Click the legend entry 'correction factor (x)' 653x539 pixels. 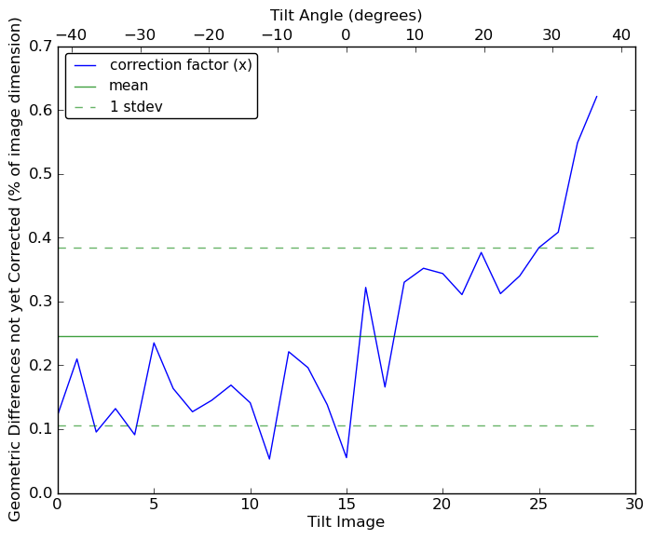[182, 65]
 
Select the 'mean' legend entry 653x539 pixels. [129, 86]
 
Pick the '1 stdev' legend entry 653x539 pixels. [136, 106]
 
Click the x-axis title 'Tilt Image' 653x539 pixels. [346, 522]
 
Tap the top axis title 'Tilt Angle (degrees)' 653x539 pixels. [346, 15]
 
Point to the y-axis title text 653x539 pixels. [15, 269]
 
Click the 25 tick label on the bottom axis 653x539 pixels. [538, 504]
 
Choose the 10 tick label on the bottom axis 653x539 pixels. [250, 504]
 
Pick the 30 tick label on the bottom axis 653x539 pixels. [634, 504]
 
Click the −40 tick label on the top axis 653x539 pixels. [71, 35]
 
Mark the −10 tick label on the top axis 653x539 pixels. [277, 35]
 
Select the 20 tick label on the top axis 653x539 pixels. [483, 35]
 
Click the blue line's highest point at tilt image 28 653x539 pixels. [596, 96]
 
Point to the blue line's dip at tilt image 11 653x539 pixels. [269, 459]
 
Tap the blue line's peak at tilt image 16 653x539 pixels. [365, 287]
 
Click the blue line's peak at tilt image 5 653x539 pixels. [154, 343]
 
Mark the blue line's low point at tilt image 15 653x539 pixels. [347, 457]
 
